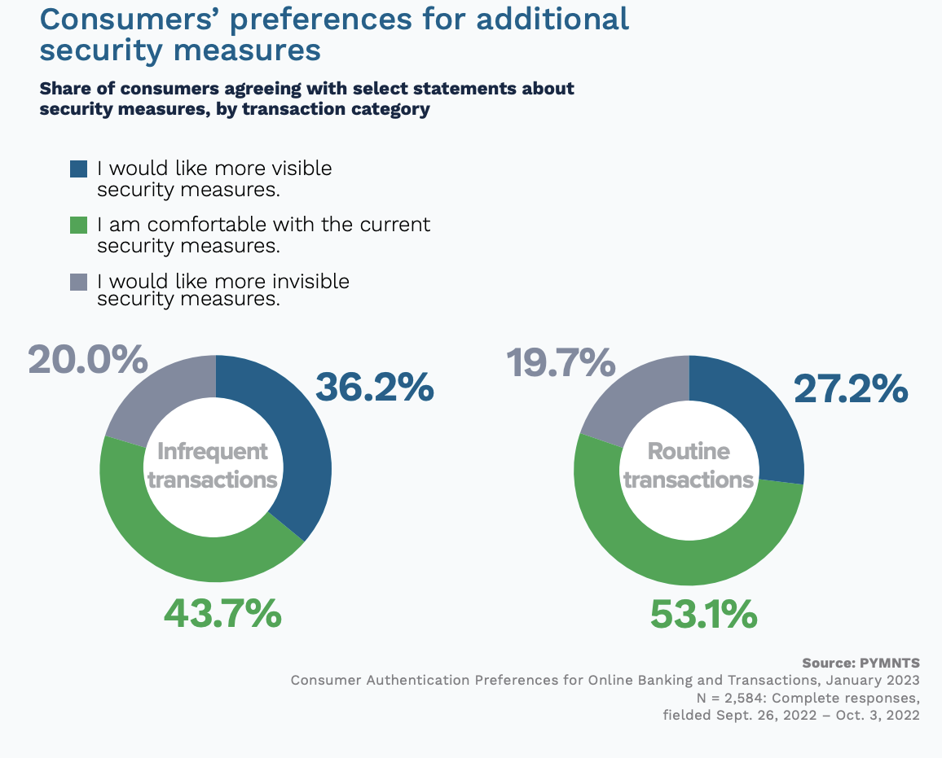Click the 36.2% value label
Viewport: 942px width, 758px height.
tap(374, 388)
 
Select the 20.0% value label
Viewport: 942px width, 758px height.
tap(88, 359)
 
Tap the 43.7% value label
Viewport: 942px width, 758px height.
tap(222, 613)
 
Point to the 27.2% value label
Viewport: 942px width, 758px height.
tap(851, 389)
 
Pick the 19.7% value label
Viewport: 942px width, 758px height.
tap(561, 362)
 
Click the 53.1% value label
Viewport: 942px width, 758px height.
tap(703, 615)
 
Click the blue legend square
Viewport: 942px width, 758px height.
tap(78, 169)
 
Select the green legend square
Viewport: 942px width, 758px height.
tap(78, 225)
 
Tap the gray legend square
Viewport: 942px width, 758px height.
tap(78, 282)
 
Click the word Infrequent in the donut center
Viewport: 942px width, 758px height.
tap(212, 451)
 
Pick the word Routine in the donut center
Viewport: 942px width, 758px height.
tap(689, 451)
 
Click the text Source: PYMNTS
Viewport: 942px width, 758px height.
tap(861, 663)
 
